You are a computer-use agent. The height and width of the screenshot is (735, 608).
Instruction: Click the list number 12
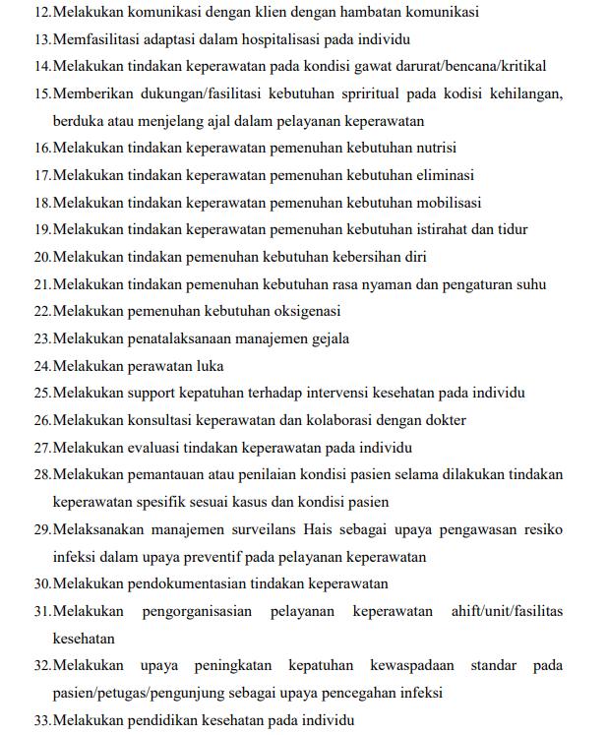click(41, 12)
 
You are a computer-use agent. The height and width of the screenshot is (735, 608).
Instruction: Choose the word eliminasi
click(441, 176)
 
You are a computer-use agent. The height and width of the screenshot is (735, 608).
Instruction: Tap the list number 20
click(41, 258)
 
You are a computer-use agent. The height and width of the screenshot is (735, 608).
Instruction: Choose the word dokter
click(444, 420)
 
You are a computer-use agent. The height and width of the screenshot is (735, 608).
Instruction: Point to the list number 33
click(41, 720)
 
